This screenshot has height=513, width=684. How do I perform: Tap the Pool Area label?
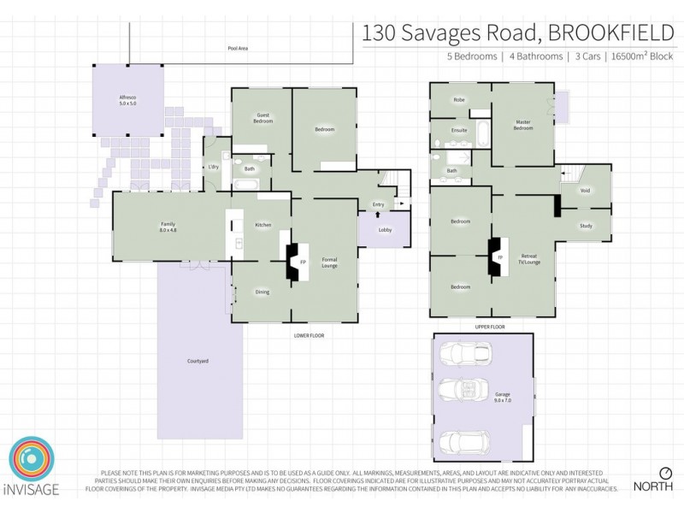point(238,49)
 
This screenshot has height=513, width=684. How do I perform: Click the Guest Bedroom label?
point(262,119)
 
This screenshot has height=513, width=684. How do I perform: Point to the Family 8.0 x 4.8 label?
point(168,227)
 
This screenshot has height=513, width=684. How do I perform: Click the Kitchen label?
point(263,225)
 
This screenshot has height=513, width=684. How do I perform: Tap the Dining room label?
point(262,292)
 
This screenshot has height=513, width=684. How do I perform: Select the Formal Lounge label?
point(330,262)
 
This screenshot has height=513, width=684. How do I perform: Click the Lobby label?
point(386,229)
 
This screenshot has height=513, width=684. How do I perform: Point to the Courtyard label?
point(198,361)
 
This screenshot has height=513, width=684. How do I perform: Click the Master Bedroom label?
point(523,127)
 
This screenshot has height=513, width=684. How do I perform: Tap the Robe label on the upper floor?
point(459,100)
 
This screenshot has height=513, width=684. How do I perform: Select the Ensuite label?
point(458,131)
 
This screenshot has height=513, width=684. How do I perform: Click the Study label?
point(585,226)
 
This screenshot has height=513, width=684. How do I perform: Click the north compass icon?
point(665,473)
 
